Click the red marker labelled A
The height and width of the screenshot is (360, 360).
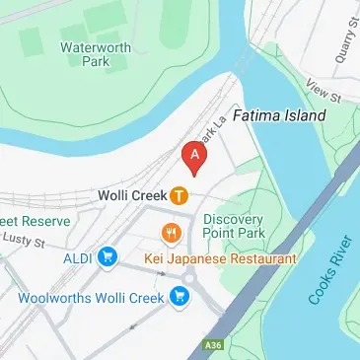click(195, 156)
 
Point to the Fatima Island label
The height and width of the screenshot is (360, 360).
click(279, 115)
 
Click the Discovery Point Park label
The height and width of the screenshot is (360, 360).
click(235, 226)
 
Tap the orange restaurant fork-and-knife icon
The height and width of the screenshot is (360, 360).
click(170, 234)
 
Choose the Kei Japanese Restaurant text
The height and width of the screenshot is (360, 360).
click(220, 258)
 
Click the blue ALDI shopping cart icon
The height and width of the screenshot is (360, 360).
click(108, 258)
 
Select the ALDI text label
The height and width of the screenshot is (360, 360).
click(78, 258)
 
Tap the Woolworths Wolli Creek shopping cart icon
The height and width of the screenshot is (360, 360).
click(179, 295)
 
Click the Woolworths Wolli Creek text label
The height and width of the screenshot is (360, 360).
click(93, 296)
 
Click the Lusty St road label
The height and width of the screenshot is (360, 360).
click(28, 242)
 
